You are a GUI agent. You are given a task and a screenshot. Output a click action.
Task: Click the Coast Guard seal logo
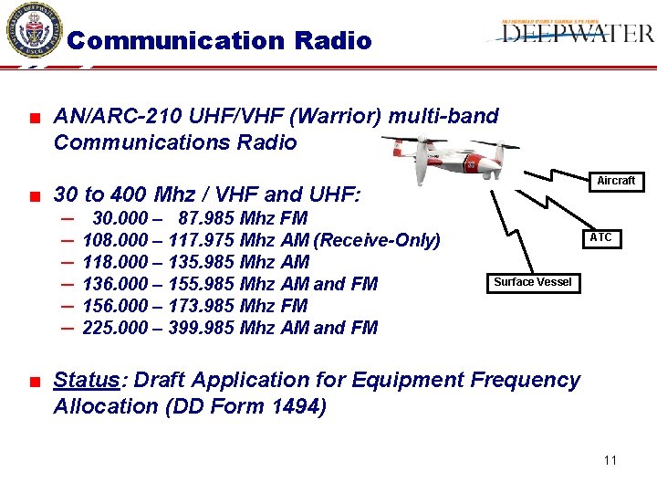[34, 30]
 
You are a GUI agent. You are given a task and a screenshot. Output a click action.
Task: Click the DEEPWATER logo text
[578, 34]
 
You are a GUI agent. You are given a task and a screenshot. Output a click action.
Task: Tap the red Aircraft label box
[616, 181]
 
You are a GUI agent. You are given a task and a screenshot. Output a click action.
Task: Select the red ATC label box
[600, 238]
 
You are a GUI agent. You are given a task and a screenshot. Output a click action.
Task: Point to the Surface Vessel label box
[533, 282]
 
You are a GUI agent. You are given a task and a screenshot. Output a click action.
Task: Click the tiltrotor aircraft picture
[447, 157]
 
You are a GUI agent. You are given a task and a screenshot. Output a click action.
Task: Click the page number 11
[610, 460]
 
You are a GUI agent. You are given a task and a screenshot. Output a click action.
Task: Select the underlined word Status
[87, 380]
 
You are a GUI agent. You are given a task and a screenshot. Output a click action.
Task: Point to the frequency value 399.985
[200, 328]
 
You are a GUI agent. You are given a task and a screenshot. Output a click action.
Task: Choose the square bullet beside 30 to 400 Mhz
[34, 195]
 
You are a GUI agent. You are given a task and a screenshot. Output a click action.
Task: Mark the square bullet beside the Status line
[34, 381]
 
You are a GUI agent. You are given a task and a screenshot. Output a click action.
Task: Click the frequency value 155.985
[200, 284]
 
